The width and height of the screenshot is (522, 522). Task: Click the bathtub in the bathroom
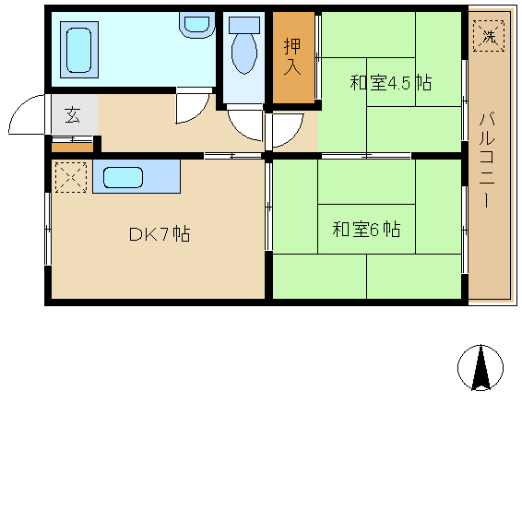tap(79, 50)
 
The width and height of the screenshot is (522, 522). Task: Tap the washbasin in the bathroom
tap(196, 25)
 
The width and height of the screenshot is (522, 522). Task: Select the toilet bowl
tap(244, 53)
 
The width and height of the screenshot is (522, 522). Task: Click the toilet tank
tap(244, 25)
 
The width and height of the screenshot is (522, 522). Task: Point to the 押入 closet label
tap(292, 56)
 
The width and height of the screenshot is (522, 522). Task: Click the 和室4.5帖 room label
tap(390, 83)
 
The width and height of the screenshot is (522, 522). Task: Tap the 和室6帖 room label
tap(366, 230)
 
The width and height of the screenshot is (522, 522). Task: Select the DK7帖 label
tap(160, 234)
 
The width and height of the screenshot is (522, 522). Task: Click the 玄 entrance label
tap(72, 115)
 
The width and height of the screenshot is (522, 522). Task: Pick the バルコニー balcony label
tap(487, 160)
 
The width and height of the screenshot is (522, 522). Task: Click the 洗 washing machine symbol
tap(489, 36)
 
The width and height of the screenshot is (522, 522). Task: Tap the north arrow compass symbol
tap(480, 368)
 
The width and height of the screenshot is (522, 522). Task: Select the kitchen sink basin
tap(123, 177)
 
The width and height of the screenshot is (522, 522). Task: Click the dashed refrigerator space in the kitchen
tap(71, 177)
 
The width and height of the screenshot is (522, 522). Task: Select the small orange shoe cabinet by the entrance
tap(72, 148)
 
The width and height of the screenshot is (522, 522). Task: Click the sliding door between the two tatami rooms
tap(366, 156)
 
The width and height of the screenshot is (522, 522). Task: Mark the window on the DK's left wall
tap(48, 229)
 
